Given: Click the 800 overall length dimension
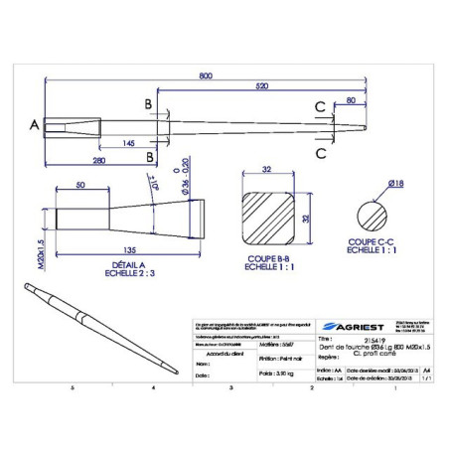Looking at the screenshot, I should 205,76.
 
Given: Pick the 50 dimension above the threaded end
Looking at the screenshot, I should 79,186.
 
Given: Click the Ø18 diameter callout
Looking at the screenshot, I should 392,183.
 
